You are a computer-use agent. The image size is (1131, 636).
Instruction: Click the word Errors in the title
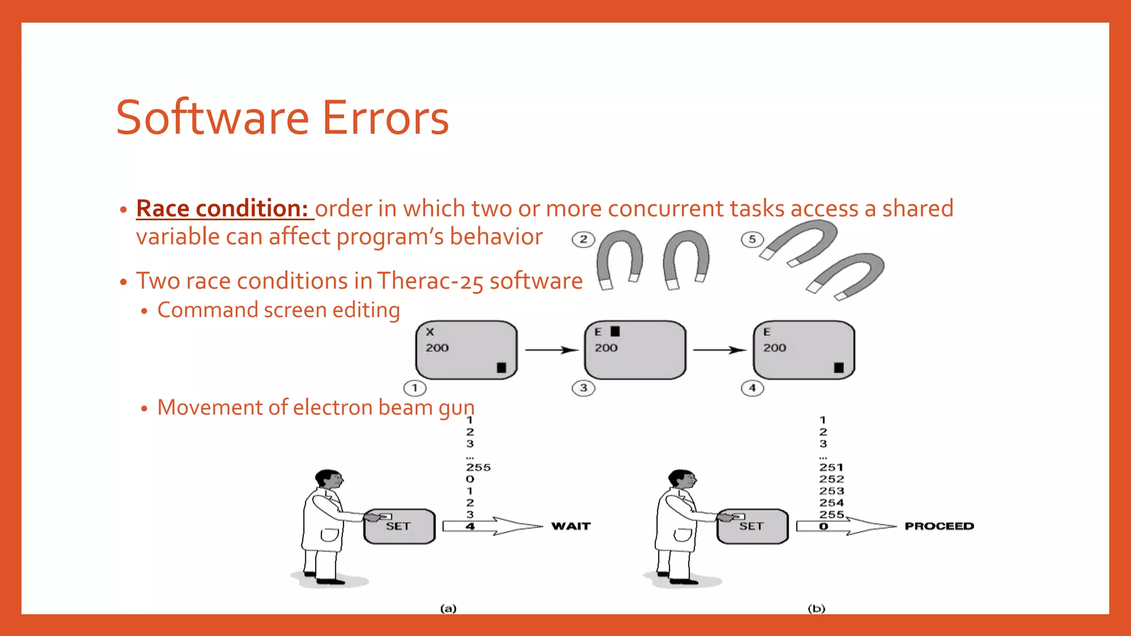385,118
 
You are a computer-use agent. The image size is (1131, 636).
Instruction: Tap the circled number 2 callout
583,240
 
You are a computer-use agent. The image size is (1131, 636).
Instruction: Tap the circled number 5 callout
752,240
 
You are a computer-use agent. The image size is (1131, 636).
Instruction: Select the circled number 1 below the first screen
415,388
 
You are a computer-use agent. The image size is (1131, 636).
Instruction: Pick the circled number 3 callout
583,388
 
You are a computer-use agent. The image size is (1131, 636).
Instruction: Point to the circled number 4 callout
752,388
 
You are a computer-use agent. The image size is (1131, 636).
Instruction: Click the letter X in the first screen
430,332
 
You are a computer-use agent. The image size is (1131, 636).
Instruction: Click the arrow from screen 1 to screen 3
551,350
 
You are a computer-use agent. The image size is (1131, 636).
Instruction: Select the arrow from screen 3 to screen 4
720,350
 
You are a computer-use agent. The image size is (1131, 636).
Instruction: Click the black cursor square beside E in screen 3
615,331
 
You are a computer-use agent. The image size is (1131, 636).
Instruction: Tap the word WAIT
571,526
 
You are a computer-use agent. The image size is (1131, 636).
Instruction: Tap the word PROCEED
939,526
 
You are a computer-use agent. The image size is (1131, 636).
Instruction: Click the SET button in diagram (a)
399,526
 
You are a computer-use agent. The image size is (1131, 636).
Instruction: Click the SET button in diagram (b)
752,526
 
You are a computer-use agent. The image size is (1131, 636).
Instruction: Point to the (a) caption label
448,608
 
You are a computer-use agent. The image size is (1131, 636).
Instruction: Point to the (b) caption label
816,608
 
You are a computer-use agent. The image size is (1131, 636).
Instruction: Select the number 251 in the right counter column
831,468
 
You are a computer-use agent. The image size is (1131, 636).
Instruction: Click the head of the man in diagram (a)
329,480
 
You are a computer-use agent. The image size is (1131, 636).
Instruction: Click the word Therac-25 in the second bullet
431,280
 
